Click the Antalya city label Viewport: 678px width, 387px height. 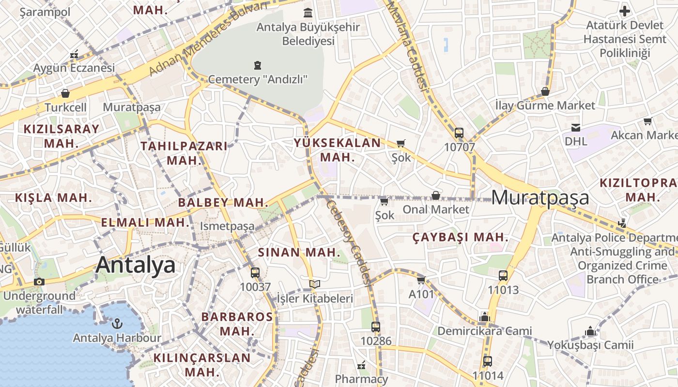136,265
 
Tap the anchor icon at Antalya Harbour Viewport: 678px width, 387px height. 116,323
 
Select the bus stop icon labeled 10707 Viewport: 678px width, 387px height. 459,133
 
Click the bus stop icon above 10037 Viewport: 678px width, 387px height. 255,272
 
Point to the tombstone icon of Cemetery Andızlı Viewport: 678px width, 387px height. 258,65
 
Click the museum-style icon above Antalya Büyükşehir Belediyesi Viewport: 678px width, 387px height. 308,13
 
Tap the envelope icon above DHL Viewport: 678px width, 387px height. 576,127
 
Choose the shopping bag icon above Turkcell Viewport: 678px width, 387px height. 65,93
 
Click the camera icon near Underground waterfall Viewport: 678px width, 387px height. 39,282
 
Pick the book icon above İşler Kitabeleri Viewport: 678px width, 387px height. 315,284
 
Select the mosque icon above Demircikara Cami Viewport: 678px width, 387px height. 484,317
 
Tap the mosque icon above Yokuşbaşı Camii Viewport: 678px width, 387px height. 590,331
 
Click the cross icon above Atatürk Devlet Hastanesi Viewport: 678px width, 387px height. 625,11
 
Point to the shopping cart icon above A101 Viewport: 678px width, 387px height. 421,280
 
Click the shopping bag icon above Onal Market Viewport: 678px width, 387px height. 436,195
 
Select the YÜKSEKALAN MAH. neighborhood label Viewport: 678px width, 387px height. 338,150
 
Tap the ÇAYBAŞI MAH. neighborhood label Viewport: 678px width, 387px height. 461,238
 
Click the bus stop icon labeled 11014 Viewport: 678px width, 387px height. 488,361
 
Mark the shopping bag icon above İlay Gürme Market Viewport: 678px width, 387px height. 545,91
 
